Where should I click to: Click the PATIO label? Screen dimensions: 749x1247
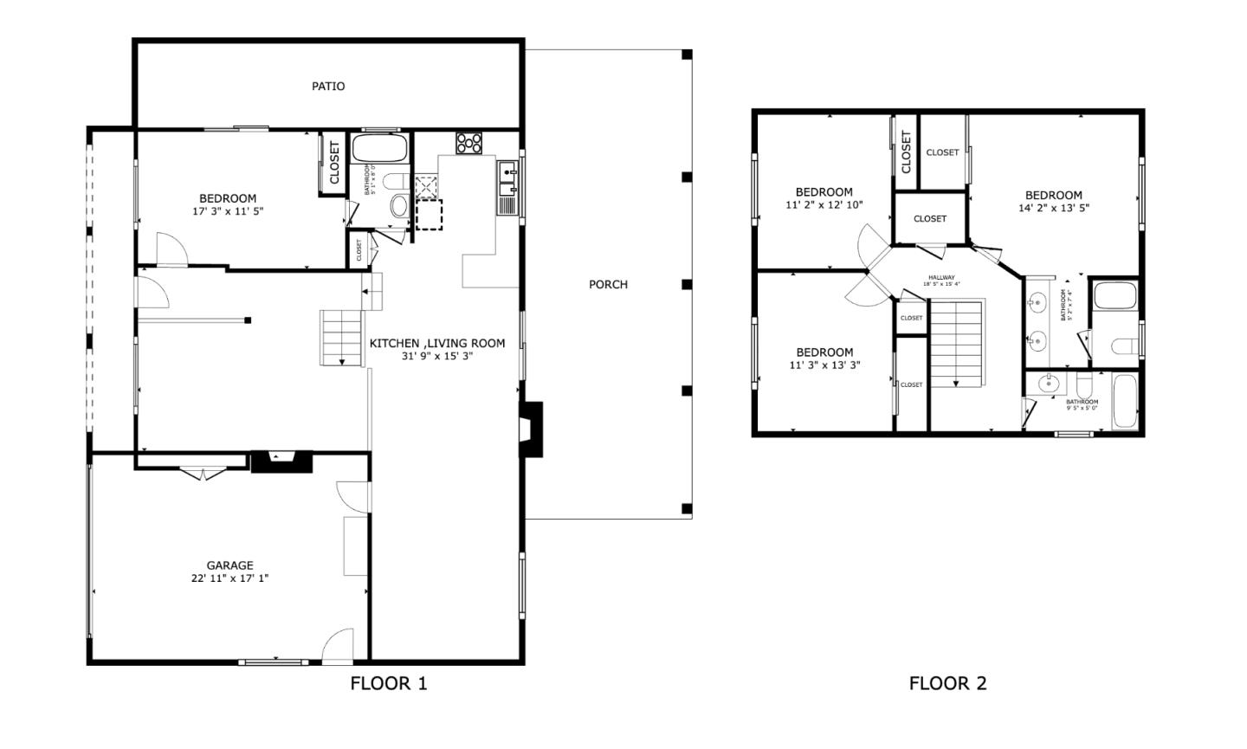328,86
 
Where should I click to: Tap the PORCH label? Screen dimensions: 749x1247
608,284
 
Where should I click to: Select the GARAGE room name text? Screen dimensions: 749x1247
229,565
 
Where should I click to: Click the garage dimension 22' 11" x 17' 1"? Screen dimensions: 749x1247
229,578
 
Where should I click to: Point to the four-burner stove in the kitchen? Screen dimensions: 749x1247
468,142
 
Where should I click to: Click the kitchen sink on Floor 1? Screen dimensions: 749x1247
507,178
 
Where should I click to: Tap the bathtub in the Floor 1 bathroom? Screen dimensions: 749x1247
379,148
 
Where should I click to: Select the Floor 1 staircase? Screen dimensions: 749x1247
341,337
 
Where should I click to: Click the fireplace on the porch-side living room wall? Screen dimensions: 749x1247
531,429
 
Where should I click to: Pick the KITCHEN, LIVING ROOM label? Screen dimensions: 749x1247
436,343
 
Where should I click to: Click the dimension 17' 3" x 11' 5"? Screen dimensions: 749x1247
228,211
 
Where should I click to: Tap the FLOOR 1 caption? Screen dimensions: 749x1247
388,683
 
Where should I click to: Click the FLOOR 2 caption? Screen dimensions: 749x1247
947,683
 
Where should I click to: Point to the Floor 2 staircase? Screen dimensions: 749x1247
957,343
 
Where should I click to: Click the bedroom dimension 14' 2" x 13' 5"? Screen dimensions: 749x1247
1053,208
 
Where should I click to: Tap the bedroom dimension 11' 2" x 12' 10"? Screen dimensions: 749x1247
824,205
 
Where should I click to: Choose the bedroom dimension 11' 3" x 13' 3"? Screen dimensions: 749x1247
824,365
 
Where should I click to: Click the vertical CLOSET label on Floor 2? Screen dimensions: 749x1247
906,152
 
